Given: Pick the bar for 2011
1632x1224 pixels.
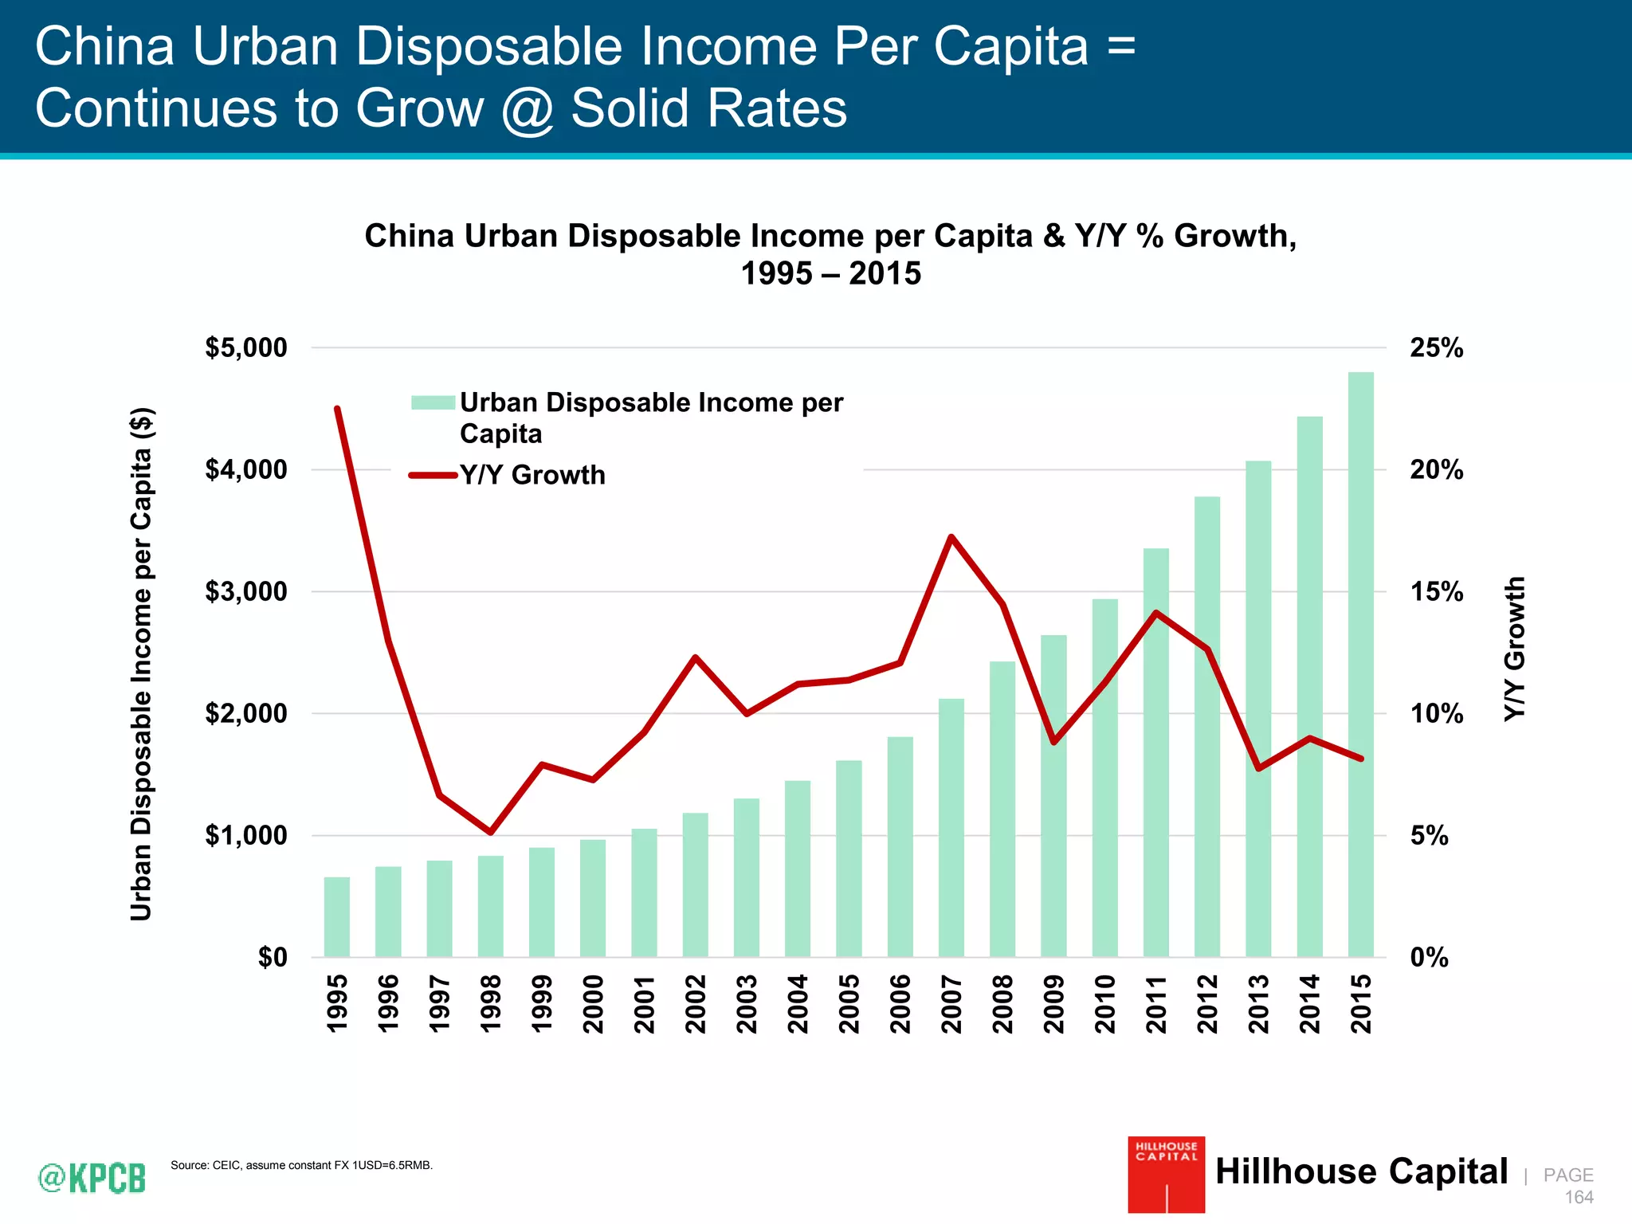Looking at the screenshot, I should (x=1156, y=752).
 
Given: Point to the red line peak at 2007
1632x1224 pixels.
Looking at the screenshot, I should (x=951, y=537).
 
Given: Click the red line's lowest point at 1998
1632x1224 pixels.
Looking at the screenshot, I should (x=490, y=832).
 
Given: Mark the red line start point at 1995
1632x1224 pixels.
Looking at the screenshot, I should (x=337, y=409).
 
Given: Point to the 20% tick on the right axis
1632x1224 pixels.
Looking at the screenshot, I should (x=1436, y=470).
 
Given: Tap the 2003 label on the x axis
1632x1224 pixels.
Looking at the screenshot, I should (x=747, y=1003).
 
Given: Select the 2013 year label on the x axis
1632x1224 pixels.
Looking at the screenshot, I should (x=1258, y=1003).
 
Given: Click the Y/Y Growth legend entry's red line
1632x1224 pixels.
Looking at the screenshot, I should (x=433, y=475).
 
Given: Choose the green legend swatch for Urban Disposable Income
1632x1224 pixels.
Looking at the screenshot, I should (x=433, y=402).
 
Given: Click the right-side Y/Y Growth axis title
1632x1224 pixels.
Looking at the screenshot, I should (x=1514, y=649).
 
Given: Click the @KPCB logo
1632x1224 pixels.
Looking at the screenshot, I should (x=92, y=1177).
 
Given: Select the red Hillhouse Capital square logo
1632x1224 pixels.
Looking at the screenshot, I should (x=1166, y=1174).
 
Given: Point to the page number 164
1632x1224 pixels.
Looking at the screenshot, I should (x=1579, y=1197).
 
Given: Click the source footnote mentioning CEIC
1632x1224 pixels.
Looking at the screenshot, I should (x=301, y=1165).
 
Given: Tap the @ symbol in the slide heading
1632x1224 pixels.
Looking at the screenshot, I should (x=528, y=109).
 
